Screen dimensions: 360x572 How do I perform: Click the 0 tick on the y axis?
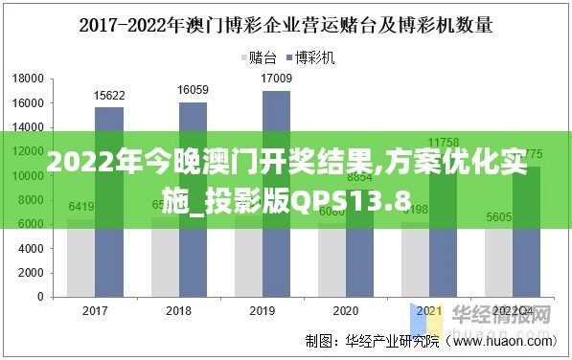39,297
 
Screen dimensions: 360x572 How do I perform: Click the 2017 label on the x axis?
95,311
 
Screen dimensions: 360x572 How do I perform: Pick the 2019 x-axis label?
263,311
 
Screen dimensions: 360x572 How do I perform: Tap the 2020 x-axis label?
346,311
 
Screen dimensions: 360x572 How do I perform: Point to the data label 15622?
108,95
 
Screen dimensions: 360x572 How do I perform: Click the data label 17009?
276,79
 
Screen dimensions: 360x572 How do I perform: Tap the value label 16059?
193,90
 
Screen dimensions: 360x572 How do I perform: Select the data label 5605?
498,217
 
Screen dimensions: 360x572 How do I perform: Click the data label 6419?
80,207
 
